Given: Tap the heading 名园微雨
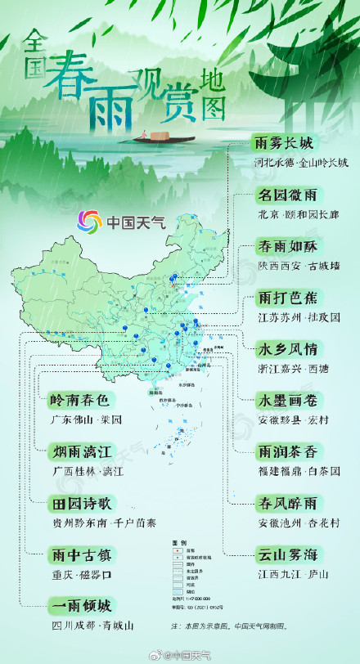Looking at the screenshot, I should coord(284,196).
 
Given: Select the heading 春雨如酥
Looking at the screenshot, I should coord(284,247).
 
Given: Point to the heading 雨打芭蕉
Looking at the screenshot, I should coord(284,298).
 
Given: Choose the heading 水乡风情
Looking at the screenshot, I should coord(284,349).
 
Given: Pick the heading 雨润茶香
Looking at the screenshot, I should coord(284,451).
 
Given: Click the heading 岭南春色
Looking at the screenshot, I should coord(78,401).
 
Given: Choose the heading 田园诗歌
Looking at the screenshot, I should coord(78,503).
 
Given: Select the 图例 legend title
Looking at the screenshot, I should coord(179,543).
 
